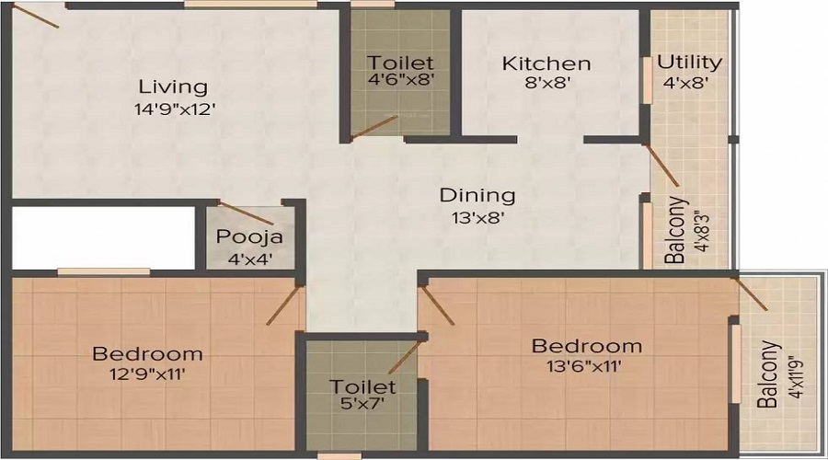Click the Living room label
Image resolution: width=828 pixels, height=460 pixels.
173,87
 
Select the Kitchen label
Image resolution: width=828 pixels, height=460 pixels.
546,64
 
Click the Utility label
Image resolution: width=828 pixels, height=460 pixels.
689,63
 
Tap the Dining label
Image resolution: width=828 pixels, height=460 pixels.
477,195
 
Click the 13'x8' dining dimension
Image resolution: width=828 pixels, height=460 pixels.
477,218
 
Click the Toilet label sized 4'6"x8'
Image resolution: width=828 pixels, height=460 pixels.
400,63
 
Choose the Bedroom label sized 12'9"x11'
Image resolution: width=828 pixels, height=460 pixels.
148,353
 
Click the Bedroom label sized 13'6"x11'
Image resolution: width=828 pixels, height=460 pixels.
587,346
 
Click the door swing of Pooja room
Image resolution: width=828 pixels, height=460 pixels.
246,213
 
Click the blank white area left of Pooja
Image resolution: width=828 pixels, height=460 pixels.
103,238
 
